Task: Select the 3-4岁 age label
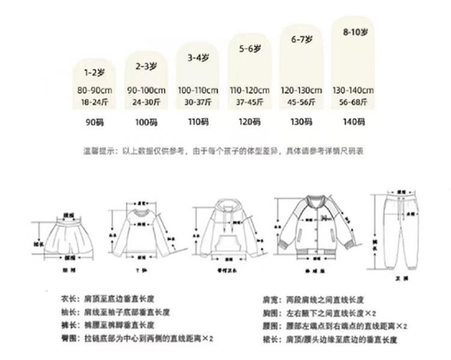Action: click(197, 58)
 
